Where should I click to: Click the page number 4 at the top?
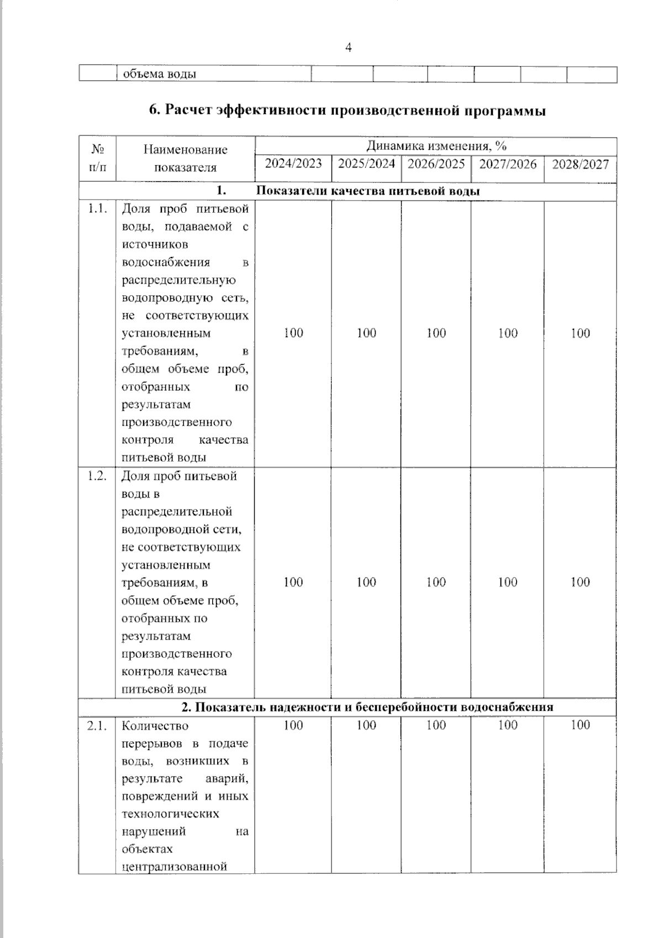[x=348, y=48]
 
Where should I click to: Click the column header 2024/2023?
[x=293, y=164]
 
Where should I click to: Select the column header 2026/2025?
[x=436, y=164]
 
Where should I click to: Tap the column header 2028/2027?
[x=580, y=164]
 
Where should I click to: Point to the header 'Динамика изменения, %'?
[x=436, y=146]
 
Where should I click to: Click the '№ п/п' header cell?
[x=98, y=158]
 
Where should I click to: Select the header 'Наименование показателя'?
[x=186, y=158]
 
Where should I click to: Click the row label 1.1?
[x=97, y=209]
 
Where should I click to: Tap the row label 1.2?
[x=97, y=476]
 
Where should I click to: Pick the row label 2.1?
[x=97, y=726]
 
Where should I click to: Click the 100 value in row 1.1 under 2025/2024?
[x=366, y=333]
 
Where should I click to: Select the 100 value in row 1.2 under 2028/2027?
[x=580, y=582]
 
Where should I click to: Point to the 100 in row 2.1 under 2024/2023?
[x=293, y=725]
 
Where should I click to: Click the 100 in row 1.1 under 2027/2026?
[x=507, y=333]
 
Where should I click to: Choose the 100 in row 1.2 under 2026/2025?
[x=436, y=582]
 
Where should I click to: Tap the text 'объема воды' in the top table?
[x=159, y=74]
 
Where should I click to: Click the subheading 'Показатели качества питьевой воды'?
[x=368, y=191]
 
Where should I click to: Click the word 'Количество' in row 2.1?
[x=155, y=726]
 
